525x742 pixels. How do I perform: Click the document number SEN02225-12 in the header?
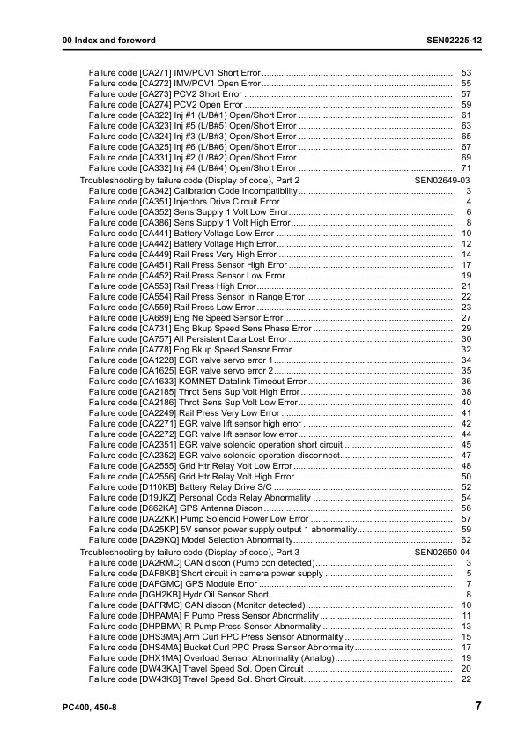click(442, 41)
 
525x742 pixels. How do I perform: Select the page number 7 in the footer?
click(477, 706)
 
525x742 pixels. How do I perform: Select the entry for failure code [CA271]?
click(174, 71)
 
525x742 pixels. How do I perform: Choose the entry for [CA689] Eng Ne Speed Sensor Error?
click(186, 317)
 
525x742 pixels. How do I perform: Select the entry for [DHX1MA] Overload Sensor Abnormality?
click(211, 657)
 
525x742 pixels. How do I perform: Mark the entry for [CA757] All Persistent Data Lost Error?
click(188, 338)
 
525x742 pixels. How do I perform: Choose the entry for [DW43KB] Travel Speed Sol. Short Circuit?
click(196, 679)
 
